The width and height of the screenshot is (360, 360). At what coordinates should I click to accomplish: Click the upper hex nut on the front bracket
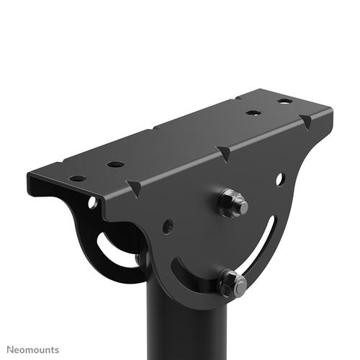tap(232, 203)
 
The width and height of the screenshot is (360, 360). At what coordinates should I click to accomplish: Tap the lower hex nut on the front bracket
tap(232, 282)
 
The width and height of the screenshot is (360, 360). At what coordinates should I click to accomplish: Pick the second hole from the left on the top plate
tap(115, 164)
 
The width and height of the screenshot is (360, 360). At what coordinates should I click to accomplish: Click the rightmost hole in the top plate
tap(285, 101)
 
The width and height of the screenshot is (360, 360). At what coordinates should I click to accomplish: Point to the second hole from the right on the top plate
tap(252, 113)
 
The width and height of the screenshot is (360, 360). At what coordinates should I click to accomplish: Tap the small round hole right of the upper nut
tap(280, 178)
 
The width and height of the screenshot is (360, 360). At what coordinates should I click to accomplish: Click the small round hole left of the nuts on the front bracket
tap(168, 226)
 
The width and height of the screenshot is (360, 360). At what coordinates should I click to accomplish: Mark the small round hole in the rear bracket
tap(93, 204)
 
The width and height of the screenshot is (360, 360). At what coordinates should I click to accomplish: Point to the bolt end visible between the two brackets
tap(139, 258)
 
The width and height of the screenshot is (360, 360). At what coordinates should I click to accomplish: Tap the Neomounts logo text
tap(30, 348)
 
